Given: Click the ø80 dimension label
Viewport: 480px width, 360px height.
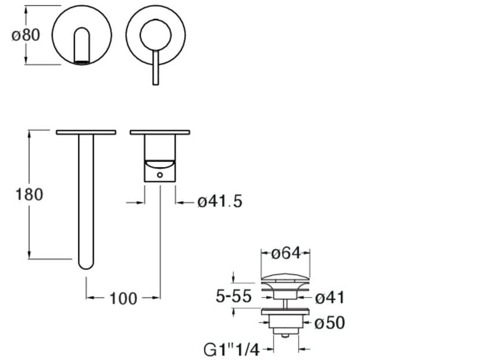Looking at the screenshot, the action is pyautogui.click(x=26, y=35).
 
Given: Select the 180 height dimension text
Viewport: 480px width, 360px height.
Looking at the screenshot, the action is pyautogui.click(x=29, y=194).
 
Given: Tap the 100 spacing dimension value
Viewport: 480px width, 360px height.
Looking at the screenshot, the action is pyautogui.click(x=123, y=299).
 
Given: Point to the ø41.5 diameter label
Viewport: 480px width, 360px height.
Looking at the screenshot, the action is pyautogui.click(x=220, y=202).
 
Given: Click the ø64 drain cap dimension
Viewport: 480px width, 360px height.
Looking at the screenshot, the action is pyautogui.click(x=286, y=253).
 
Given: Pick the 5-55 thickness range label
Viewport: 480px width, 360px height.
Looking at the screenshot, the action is pyautogui.click(x=233, y=296).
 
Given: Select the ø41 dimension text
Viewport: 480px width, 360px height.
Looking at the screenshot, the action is pyautogui.click(x=330, y=298).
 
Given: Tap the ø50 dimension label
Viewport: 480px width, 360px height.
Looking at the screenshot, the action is pyautogui.click(x=330, y=322).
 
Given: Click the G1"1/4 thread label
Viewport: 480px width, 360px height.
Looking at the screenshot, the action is pyautogui.click(x=232, y=350).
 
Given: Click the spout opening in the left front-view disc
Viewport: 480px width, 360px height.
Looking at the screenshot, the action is pyautogui.click(x=82, y=46).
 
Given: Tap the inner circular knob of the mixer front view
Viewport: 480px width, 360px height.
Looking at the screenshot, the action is pyautogui.click(x=155, y=35).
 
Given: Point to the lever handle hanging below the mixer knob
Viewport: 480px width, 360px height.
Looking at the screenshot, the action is pyautogui.click(x=155, y=68).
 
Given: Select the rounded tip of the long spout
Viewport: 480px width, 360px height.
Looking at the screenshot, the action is pyautogui.click(x=86, y=265).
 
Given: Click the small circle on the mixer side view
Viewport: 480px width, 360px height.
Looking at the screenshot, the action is pyautogui.click(x=160, y=175).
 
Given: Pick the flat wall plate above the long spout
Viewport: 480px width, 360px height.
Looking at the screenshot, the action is pyautogui.click(x=86, y=132).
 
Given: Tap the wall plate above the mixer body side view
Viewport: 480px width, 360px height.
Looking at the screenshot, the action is pyautogui.click(x=160, y=132).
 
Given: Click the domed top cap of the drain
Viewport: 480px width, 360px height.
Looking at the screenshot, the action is pyautogui.click(x=285, y=277).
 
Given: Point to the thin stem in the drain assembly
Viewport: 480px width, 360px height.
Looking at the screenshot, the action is pyautogui.click(x=285, y=304).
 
